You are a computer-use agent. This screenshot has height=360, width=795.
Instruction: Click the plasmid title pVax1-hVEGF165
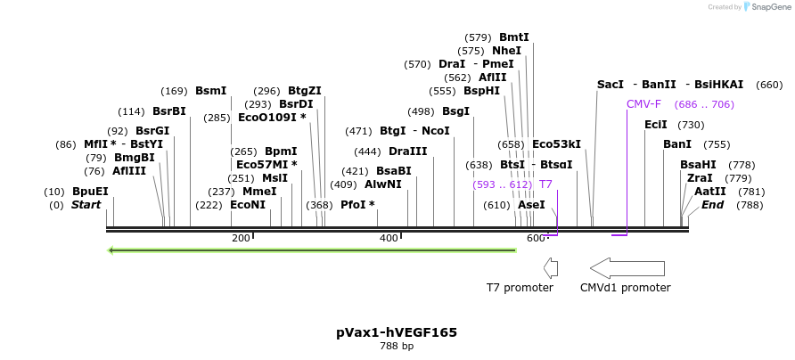(x=397, y=332)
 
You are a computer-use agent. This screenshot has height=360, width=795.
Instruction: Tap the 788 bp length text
(x=397, y=346)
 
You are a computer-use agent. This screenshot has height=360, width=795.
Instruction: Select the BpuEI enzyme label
(x=90, y=192)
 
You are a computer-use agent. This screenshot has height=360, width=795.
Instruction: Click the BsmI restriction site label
(x=211, y=91)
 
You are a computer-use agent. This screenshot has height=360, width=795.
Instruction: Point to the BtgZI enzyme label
(x=305, y=91)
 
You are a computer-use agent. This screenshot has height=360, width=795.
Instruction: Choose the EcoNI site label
(x=248, y=205)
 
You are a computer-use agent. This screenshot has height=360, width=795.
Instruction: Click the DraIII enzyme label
(x=408, y=151)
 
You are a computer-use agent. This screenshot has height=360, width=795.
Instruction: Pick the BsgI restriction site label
(x=455, y=111)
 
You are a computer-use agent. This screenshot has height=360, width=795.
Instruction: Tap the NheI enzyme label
(x=506, y=51)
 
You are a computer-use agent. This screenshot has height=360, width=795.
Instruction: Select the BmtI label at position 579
(x=514, y=37)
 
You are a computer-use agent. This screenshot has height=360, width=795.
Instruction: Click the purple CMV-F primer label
(x=643, y=104)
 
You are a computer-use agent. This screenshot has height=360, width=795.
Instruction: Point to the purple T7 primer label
(x=546, y=184)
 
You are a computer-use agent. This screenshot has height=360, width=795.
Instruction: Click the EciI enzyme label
(x=656, y=125)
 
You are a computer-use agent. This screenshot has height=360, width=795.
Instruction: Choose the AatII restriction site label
(x=710, y=192)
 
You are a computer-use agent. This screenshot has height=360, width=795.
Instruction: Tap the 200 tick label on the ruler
(x=241, y=238)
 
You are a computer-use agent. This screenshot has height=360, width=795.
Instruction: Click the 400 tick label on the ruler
(x=389, y=238)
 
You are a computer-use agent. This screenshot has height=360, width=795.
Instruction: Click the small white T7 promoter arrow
(x=551, y=267)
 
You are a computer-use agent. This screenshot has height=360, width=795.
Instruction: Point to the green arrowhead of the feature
(x=111, y=250)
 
